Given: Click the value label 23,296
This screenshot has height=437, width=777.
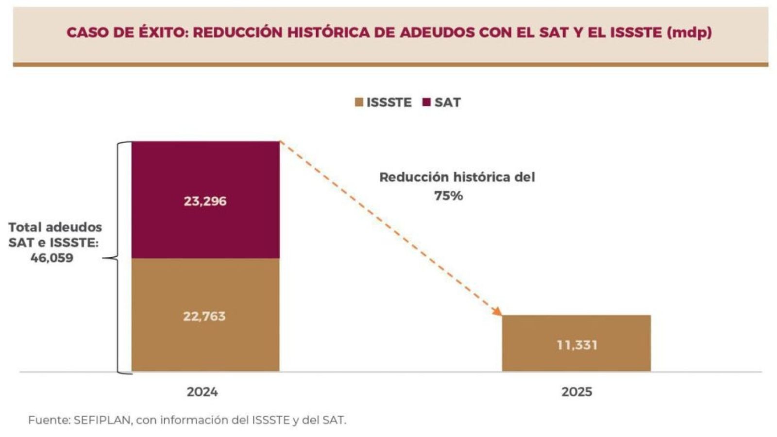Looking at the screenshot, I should pos(205,201).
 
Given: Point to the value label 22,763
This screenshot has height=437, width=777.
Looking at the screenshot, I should pos(204,317).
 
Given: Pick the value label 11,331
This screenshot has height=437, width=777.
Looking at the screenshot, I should pos(577,345).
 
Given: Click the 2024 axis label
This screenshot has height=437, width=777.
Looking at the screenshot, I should pos(203,392).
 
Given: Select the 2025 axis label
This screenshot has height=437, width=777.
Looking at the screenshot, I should pos(577,392).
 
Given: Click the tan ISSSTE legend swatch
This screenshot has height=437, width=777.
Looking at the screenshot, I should pos(359,102).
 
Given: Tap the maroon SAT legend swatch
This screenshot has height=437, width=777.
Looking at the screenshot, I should pos(426,102).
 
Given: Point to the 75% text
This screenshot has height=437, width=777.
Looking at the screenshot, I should pos(448,196).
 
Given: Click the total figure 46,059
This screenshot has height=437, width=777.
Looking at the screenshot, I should pos(52,258).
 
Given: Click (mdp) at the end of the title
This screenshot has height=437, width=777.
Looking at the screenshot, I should pos(690,33).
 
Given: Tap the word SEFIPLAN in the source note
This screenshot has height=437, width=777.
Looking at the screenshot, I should pos(102,420).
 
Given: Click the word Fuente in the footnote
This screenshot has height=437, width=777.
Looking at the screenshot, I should pos(49,420).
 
